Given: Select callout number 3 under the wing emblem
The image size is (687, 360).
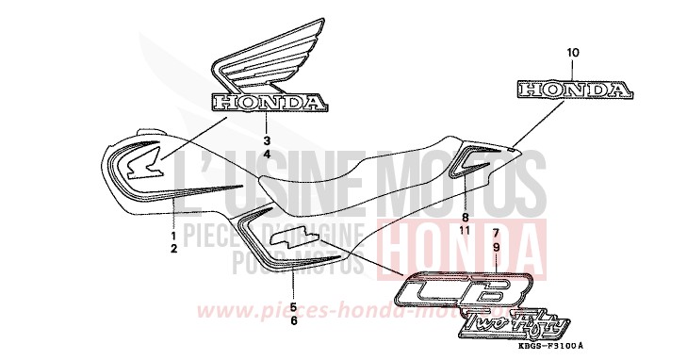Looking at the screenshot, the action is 267,139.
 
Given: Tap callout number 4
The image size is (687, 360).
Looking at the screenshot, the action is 267,153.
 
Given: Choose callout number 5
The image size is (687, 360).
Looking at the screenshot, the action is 293,307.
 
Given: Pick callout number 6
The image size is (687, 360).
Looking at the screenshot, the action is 293,320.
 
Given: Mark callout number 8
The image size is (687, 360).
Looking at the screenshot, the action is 464,216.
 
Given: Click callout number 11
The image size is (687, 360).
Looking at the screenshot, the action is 464,229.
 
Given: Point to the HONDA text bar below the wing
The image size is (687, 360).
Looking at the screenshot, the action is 269,101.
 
